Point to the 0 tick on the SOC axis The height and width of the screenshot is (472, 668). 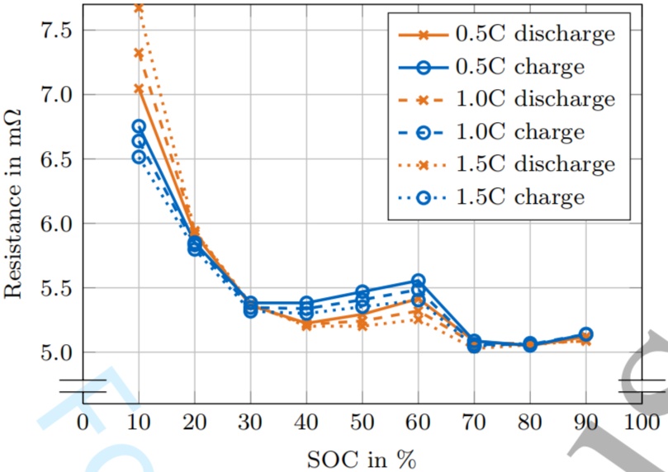coord(83,422)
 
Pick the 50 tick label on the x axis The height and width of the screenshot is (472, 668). coord(362,422)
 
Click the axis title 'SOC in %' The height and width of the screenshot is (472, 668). coord(362,458)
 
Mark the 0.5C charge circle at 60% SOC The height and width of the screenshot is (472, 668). coord(418,281)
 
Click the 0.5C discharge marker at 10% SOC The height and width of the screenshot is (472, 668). coord(139,88)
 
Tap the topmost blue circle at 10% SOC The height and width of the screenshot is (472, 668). coord(139,126)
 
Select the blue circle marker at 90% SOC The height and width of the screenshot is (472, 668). coord(585,334)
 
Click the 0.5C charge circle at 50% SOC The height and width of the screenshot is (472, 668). coord(362,292)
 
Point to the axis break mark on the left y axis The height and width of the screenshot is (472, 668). coord(83,386)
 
